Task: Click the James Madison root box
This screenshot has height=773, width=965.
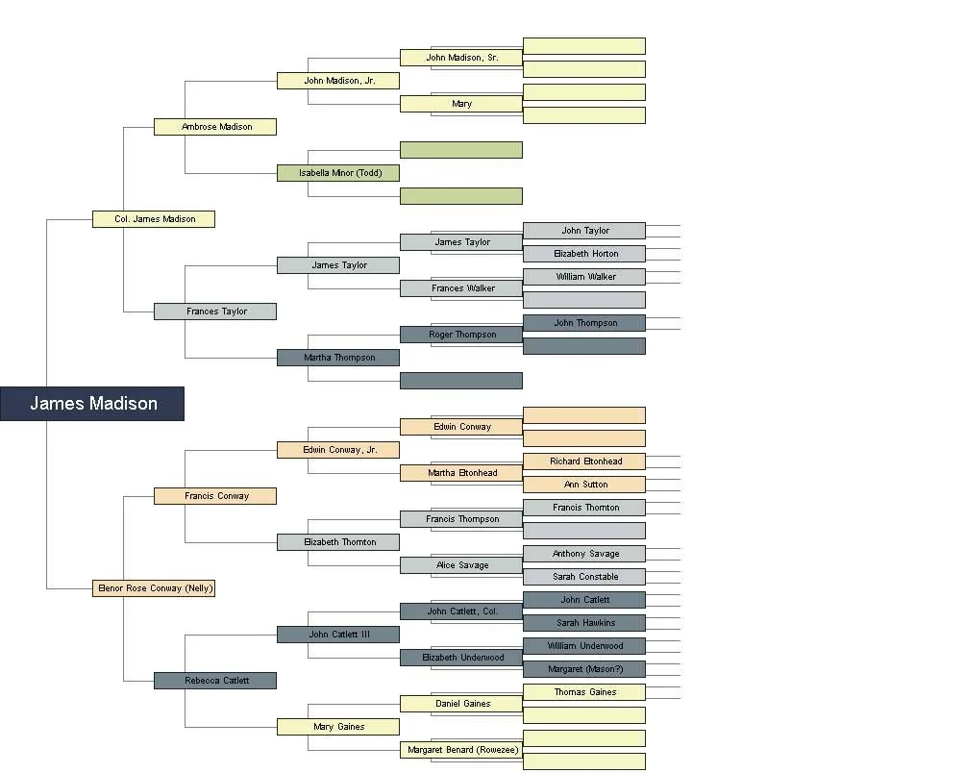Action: tap(92, 404)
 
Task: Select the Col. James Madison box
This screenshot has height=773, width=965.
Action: tap(154, 219)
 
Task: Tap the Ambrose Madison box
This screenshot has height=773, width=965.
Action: tap(215, 127)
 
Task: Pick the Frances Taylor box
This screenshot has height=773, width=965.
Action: tap(215, 312)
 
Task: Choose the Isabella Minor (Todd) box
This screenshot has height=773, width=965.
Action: tap(338, 173)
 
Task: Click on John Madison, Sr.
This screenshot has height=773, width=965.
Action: tap(461, 58)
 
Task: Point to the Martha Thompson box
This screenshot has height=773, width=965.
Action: tap(338, 358)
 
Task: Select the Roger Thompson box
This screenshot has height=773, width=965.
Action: tap(461, 335)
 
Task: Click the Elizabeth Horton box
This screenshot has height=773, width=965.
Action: tap(584, 254)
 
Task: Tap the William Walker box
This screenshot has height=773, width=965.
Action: tap(584, 277)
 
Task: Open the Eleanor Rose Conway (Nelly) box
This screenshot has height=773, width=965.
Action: tap(154, 588)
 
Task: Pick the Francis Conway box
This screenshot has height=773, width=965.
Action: tap(215, 496)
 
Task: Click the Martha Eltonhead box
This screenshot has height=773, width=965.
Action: tap(461, 473)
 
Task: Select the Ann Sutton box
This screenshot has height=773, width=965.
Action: tap(584, 485)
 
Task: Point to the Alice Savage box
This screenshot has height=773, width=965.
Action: tap(461, 565)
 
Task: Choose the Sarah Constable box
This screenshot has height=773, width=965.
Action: tap(584, 577)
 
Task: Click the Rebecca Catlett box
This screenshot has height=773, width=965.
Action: tap(215, 681)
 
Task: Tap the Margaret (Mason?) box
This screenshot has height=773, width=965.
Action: tap(584, 669)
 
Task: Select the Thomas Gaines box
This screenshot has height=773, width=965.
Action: tap(584, 692)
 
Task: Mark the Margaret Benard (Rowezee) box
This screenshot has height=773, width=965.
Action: tap(461, 750)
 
